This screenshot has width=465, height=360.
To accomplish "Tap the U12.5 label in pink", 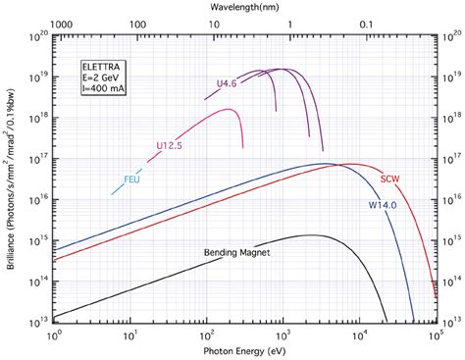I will [x=170, y=146].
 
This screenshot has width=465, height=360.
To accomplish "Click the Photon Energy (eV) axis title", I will [x=245, y=349].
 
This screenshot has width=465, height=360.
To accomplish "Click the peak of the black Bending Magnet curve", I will [x=312, y=234].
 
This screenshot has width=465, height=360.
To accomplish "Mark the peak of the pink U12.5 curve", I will [x=228, y=109].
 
